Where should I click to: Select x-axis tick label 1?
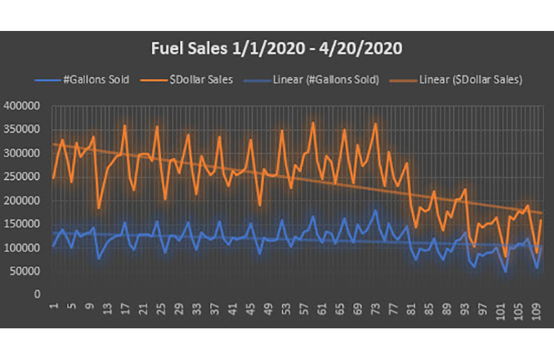coord(53,306)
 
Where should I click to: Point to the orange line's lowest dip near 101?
coord(505,256)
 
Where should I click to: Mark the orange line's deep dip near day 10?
coord(99,208)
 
